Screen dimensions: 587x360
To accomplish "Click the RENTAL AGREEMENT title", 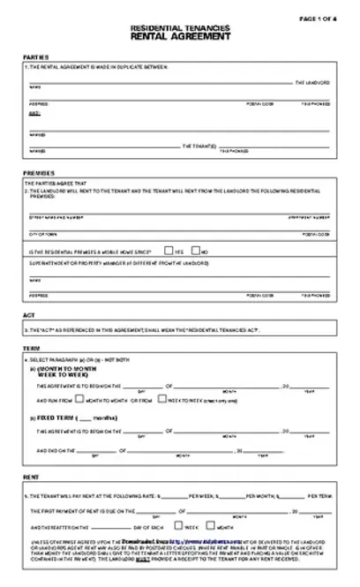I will (180, 38).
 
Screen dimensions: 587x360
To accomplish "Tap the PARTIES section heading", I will (35, 56).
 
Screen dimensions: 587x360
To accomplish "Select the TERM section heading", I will (31, 349).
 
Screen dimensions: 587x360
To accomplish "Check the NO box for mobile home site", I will (195, 251).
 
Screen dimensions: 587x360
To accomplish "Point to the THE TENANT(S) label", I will (199, 145).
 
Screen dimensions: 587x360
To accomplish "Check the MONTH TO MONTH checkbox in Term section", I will (80, 400).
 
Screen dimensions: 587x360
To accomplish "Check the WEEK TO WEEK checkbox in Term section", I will (161, 400).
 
